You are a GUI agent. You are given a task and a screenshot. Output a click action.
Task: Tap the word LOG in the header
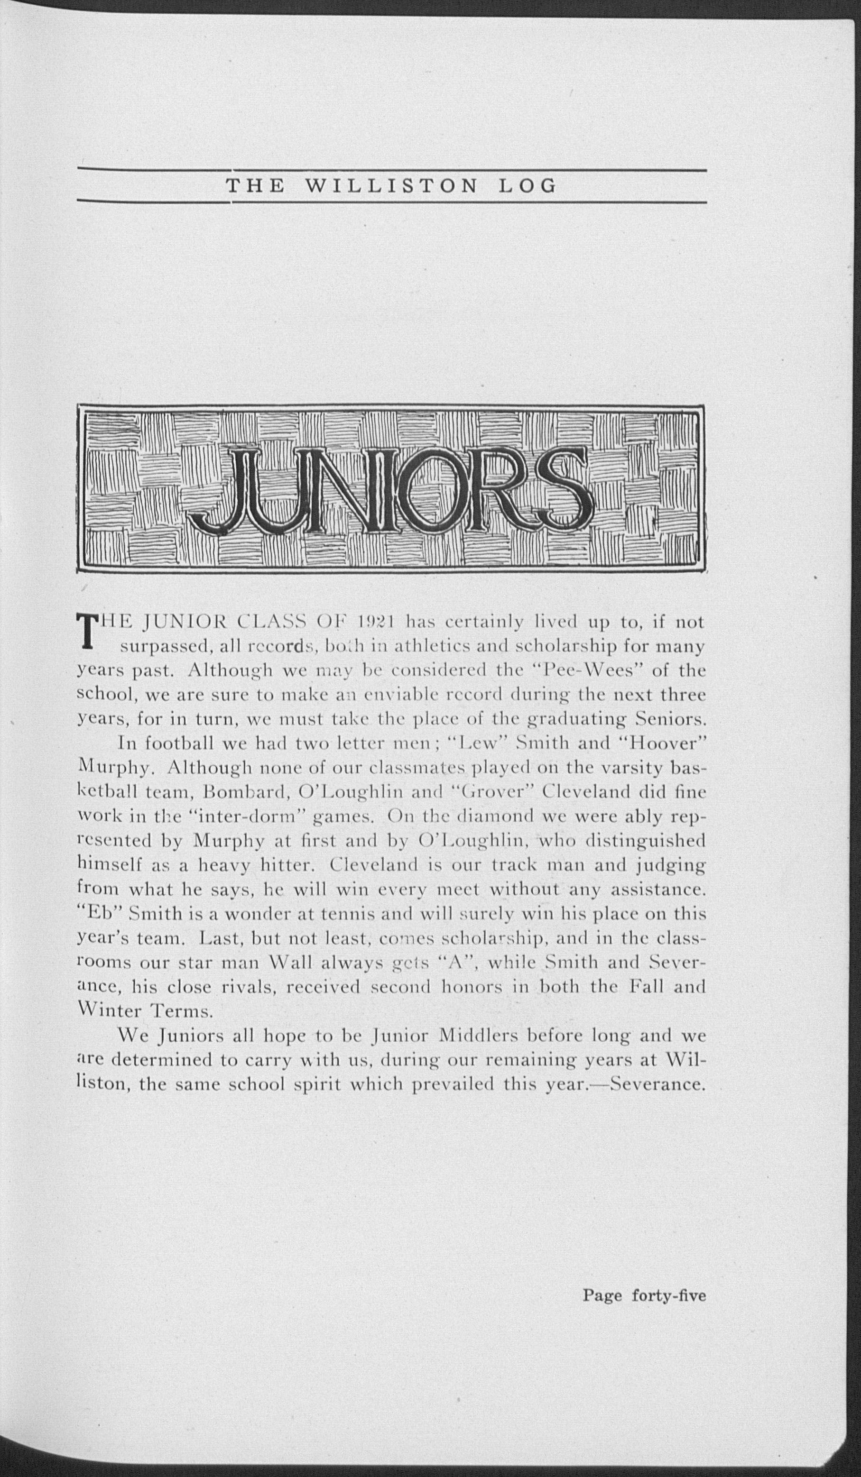tap(526, 186)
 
